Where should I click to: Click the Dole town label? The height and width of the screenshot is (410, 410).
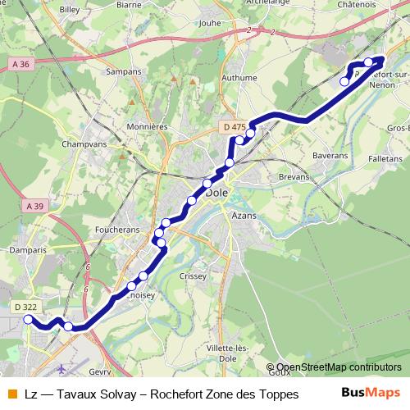(x=217, y=194)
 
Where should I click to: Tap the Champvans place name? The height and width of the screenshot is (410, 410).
(x=83, y=143)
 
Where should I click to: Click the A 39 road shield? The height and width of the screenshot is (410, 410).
(x=34, y=206)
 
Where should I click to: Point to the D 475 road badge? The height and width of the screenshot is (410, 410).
(x=234, y=126)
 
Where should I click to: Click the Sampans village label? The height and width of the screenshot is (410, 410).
(x=125, y=73)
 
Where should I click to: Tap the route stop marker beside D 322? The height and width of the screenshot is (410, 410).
(x=29, y=320)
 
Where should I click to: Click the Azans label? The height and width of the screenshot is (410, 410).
(x=244, y=214)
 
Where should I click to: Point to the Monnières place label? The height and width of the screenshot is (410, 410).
(x=147, y=127)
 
